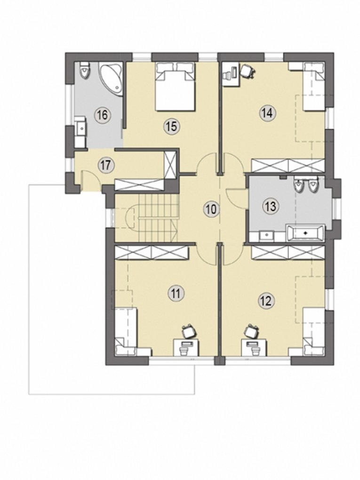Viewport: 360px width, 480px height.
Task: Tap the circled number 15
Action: [x=172, y=126]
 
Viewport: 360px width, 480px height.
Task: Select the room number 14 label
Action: [x=267, y=113]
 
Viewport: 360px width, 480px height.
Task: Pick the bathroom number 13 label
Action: [x=271, y=206]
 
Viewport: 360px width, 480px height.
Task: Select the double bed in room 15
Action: [x=175, y=86]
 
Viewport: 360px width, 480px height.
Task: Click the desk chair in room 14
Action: [x=248, y=71]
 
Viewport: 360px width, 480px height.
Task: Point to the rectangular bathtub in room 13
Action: [x=305, y=232]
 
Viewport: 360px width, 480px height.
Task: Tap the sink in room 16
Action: [x=80, y=128]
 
